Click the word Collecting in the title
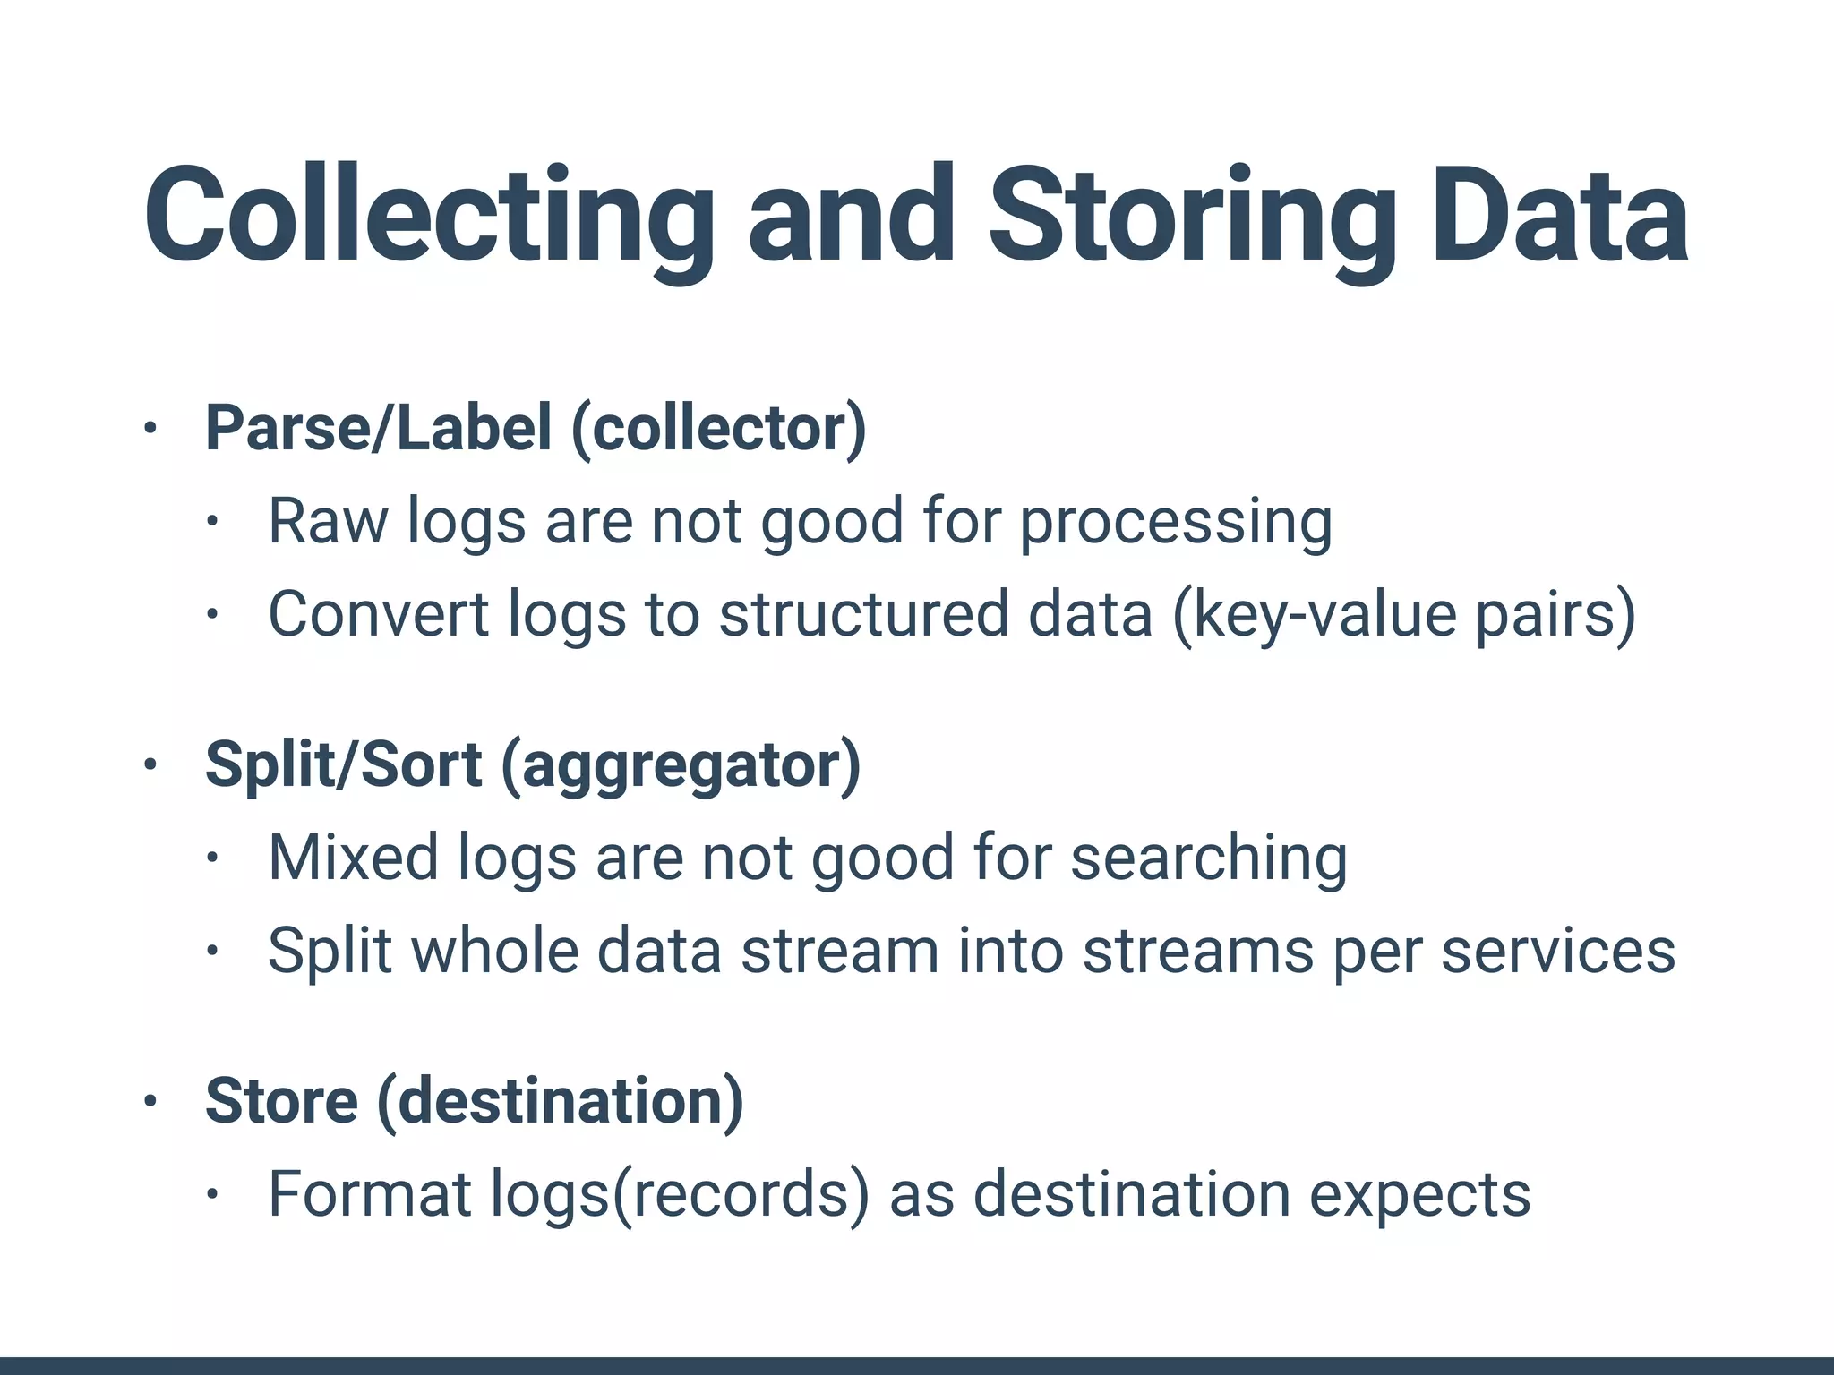click(x=428, y=218)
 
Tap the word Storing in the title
click(x=1192, y=218)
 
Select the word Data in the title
click(x=1559, y=218)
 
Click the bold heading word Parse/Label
click(x=378, y=428)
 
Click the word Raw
click(x=328, y=521)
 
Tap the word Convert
click(x=379, y=614)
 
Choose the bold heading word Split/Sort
click(x=344, y=765)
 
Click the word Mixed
click(x=353, y=858)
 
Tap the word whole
click(x=494, y=950)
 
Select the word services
click(x=1558, y=951)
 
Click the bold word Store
click(x=282, y=1101)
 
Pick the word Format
click(x=370, y=1194)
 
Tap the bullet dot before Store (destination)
click(x=150, y=1101)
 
